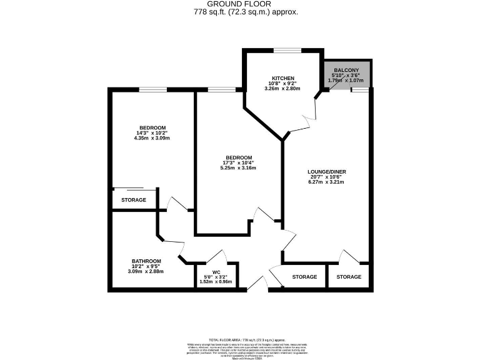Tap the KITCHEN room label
pos(282,78)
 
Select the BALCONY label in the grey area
pos(346,70)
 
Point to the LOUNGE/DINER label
pos(326,171)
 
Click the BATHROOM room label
pos(146,261)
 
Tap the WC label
pos(216,272)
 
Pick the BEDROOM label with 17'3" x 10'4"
pos(239,157)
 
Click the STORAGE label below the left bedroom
pos(134,200)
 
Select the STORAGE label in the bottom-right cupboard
pos(349,277)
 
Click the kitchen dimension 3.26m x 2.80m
pos(282,89)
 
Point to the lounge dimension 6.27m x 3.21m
pos(326,182)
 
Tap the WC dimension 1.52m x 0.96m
pos(216,282)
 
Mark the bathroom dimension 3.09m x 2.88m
pos(146,271)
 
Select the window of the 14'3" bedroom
pos(152,90)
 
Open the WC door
pos(216,257)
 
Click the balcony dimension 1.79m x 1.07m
pos(346,80)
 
